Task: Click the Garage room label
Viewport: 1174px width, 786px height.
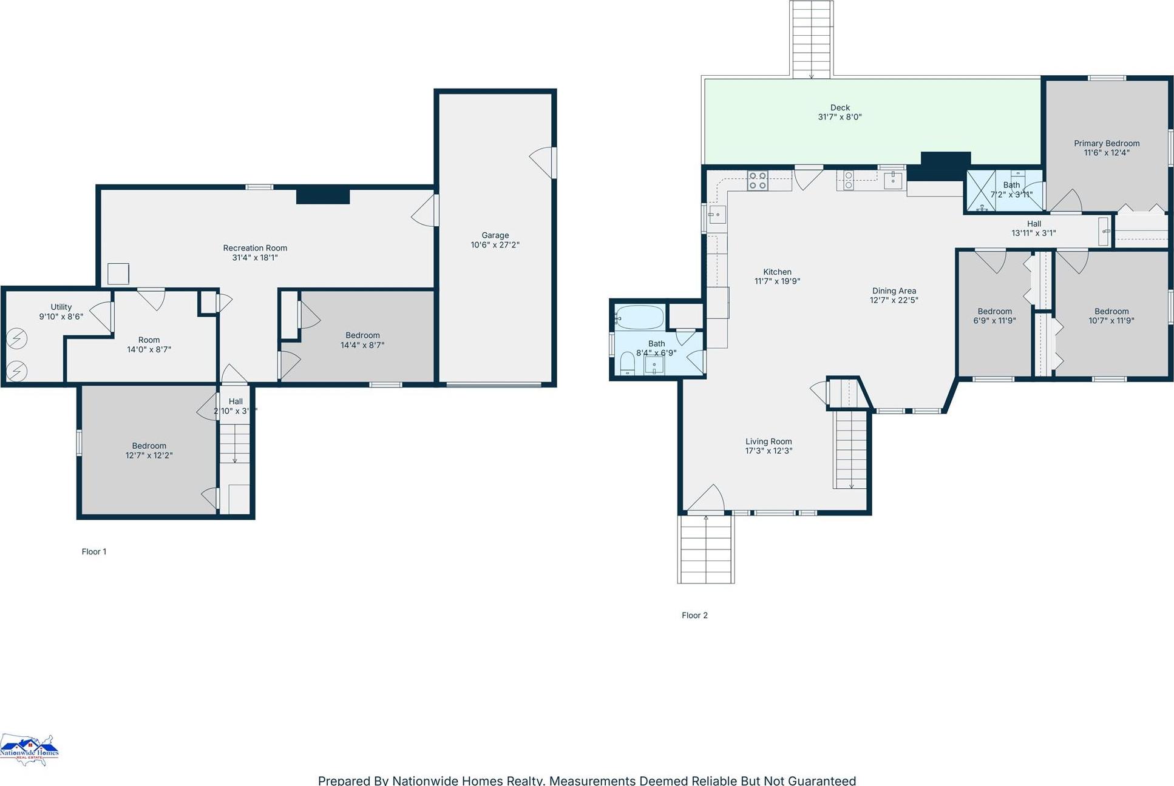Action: point(495,235)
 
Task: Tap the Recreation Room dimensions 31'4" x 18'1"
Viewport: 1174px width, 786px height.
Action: point(255,258)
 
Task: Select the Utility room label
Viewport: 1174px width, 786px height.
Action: point(61,307)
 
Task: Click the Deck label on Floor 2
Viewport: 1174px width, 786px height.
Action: point(840,107)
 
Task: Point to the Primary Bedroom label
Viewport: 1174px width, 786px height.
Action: point(1106,143)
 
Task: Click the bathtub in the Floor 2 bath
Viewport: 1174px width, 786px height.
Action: point(640,317)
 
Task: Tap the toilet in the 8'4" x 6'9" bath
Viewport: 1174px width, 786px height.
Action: point(627,364)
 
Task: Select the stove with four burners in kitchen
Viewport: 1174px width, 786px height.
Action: point(757,181)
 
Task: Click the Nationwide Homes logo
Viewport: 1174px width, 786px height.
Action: point(29,750)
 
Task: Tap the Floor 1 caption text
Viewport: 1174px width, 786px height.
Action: point(94,551)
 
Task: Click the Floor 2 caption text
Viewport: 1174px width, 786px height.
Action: point(694,615)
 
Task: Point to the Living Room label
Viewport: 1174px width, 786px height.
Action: point(769,442)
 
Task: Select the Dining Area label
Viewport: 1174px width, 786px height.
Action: point(894,291)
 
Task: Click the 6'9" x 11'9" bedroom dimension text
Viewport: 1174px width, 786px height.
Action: point(994,321)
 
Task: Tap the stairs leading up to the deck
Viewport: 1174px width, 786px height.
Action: point(812,39)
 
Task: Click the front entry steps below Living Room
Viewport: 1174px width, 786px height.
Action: point(706,549)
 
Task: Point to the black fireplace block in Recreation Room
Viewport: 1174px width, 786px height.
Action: point(322,196)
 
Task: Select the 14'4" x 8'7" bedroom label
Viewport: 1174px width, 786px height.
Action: point(362,335)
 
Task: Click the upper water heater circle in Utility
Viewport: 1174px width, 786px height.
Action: point(17,338)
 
